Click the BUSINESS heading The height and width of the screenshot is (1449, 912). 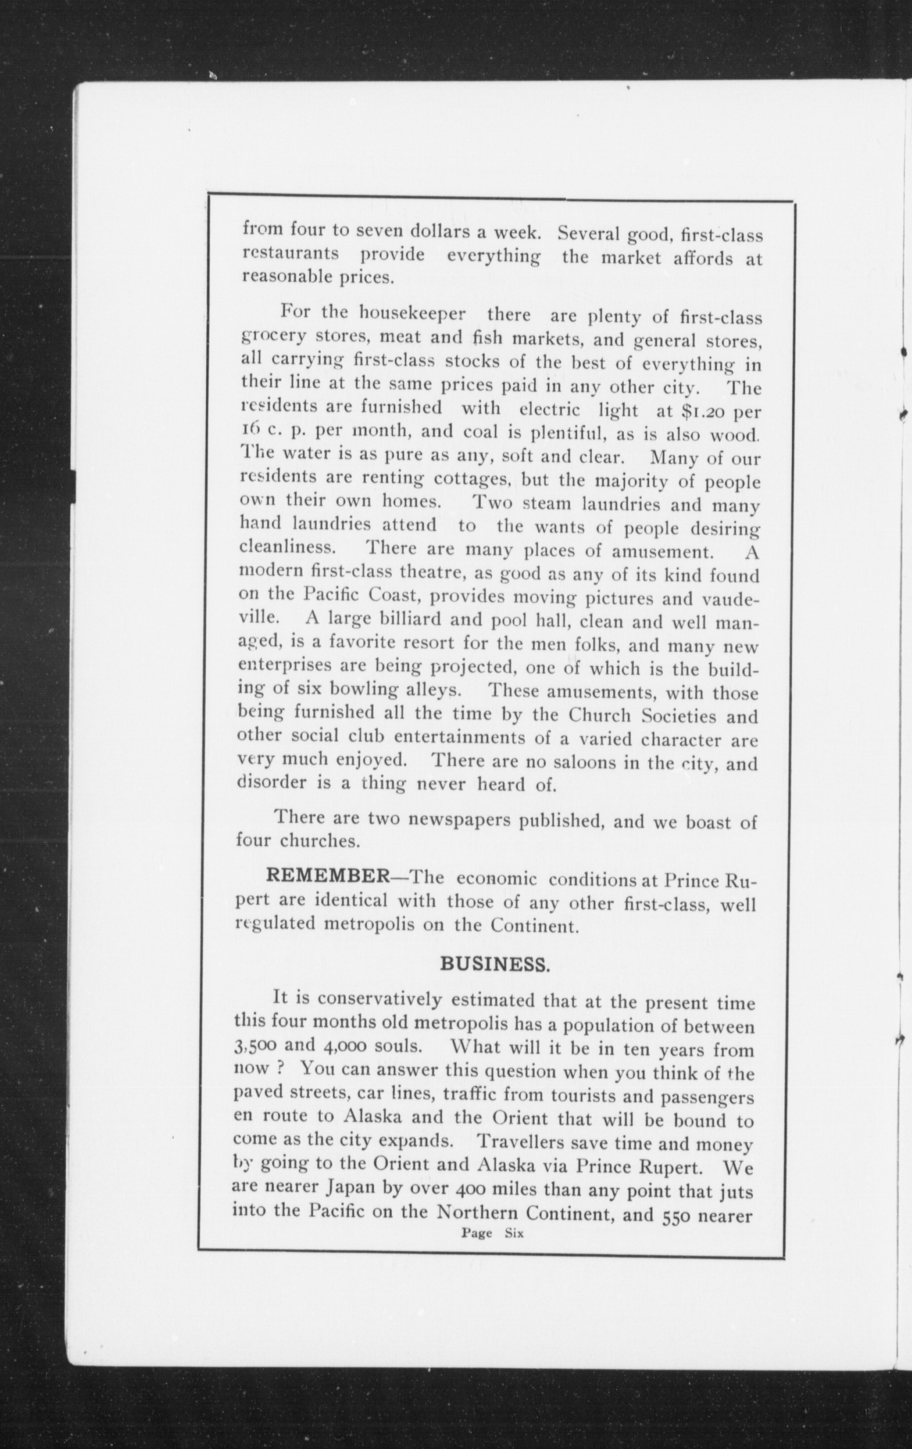tap(494, 964)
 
